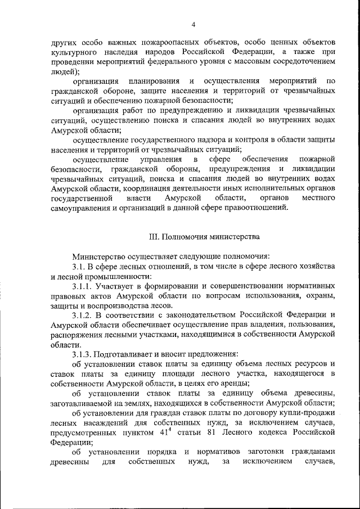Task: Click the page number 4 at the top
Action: (x=193, y=24)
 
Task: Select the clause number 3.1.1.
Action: (x=83, y=286)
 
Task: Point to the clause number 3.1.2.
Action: (x=83, y=315)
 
